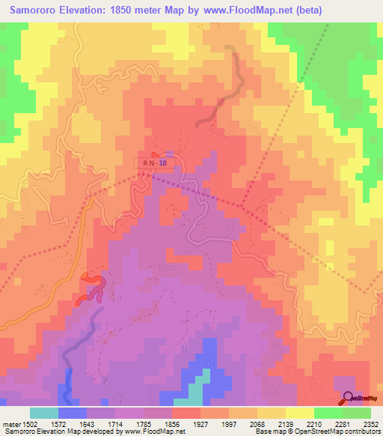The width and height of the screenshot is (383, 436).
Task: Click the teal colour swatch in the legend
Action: click(44, 413)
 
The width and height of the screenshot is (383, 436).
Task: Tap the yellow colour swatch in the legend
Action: click(299, 413)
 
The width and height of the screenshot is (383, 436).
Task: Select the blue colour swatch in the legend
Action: click(73, 413)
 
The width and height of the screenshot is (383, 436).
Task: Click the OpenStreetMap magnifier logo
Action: click(349, 398)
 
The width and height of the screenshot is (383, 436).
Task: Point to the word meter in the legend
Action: click(10, 424)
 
